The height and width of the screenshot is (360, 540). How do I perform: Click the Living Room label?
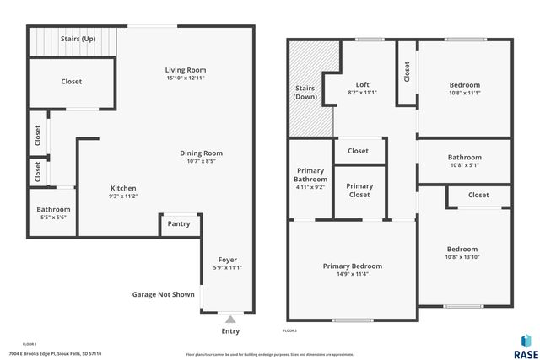[185, 70]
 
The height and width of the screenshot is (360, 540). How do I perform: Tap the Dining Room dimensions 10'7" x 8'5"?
[201, 161]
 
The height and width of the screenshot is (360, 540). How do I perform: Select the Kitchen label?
[123, 188]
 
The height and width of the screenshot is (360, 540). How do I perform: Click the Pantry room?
[179, 223]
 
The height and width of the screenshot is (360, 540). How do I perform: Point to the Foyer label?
[227, 260]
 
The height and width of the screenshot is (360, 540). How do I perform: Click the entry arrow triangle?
[229, 319]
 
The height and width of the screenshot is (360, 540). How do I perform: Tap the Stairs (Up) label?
[76, 39]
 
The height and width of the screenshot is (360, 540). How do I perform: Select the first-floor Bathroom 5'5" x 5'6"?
[53, 213]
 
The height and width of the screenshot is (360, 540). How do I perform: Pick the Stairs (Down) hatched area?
[305, 93]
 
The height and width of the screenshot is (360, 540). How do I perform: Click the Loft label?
[362, 84]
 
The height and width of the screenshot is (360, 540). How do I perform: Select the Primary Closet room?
[359, 191]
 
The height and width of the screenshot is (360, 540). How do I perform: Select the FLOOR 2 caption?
[289, 331]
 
